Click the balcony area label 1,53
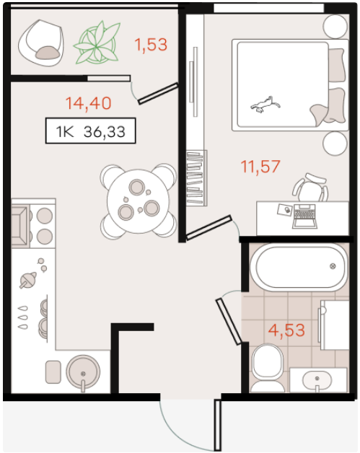151,45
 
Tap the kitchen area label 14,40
89,103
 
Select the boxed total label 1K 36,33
90,131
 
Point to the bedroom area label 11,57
260,167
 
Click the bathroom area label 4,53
286,330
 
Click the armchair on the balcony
40,43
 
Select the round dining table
138,201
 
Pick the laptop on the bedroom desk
304,216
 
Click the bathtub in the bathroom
299,266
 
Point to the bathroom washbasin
317,380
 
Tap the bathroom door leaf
229,322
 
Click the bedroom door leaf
209,228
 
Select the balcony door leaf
158,93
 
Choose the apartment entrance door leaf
218,425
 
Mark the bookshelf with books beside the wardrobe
196,178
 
